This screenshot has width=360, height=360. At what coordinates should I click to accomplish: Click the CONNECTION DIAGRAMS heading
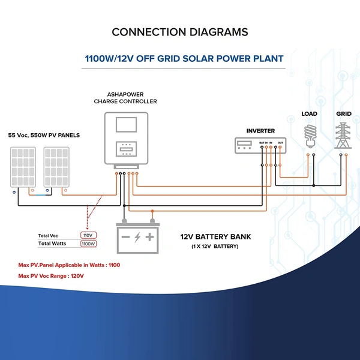[179, 32]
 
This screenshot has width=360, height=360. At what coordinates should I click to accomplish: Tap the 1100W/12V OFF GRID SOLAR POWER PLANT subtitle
[179, 59]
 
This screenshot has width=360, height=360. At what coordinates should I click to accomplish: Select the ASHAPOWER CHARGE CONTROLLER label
[124, 98]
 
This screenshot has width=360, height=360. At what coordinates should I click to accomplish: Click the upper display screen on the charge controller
[125, 124]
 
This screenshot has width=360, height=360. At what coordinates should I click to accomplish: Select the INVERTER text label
[260, 131]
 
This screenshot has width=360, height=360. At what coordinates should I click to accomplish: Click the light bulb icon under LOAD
[310, 135]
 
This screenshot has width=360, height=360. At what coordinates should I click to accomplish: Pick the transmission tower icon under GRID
[344, 135]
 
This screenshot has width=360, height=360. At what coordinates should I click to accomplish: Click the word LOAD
[310, 114]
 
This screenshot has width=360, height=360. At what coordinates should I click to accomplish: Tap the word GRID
[344, 114]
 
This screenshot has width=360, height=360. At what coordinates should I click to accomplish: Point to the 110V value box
[88, 235]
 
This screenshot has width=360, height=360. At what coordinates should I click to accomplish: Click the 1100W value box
[88, 244]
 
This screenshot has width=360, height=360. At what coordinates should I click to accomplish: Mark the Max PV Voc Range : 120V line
[52, 275]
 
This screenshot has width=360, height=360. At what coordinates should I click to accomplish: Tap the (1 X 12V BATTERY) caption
[215, 247]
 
